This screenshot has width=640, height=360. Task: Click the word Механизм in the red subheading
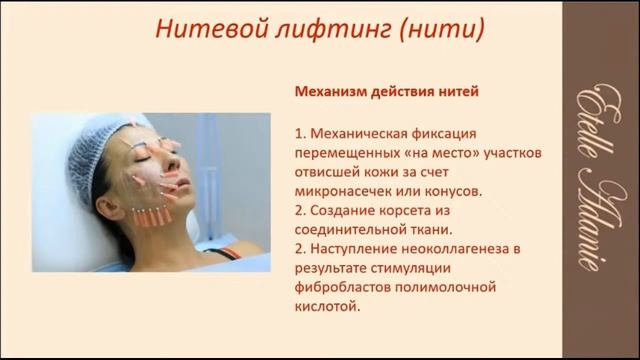click(x=330, y=92)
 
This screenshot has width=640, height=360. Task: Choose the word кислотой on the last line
click(x=326, y=306)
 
